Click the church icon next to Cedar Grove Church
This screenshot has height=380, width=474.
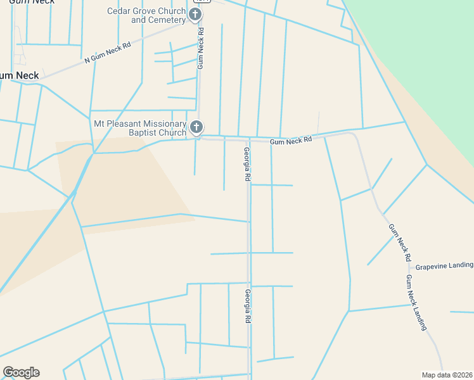tap(195, 15)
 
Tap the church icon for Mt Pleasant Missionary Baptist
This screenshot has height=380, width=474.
tap(196, 128)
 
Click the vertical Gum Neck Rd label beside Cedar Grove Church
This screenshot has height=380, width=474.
tap(200, 47)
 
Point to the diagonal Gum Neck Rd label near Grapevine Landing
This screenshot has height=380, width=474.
tap(400, 243)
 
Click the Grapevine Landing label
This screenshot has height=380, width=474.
tap(444, 266)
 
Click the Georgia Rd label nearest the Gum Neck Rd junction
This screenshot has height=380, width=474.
tap(247, 165)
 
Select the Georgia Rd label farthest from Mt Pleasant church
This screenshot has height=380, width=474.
tap(248, 308)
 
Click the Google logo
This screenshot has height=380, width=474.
tap(21, 372)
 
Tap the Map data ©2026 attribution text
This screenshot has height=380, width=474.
tap(446, 375)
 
